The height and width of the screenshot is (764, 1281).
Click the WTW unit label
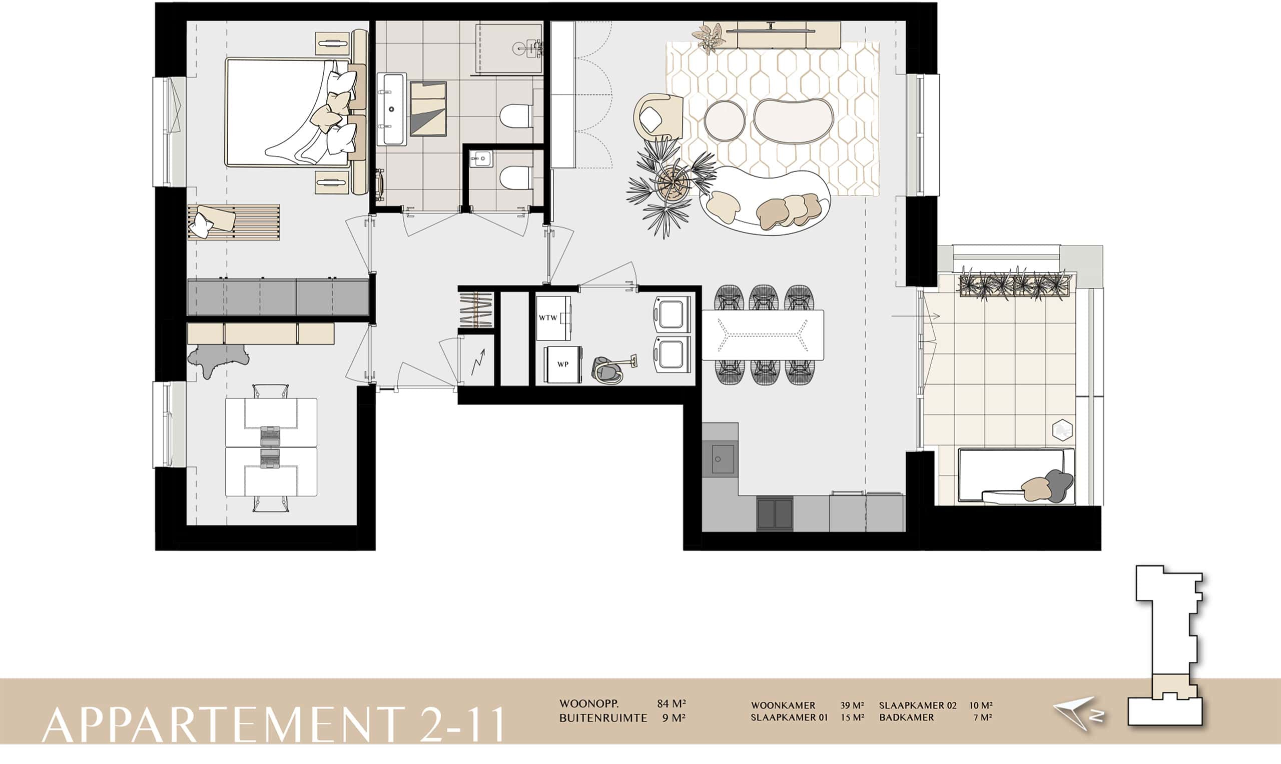[548, 317]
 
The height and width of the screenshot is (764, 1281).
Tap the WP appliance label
[563, 364]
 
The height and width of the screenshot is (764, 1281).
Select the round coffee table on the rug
[724, 121]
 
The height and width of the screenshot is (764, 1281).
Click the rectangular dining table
[763, 334]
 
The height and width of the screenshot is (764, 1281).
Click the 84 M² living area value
[671, 703]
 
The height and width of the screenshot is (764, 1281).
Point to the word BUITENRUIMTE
[603, 717]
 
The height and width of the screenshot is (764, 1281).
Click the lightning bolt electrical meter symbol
[478, 362]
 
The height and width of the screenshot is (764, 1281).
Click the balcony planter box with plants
[1015, 283]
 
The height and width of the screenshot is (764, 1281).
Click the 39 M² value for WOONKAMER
[852, 705]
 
